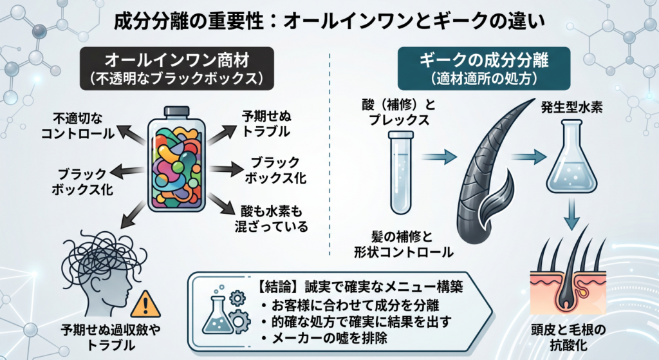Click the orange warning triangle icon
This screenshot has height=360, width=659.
[145, 304]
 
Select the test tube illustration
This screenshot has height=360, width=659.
[402, 173]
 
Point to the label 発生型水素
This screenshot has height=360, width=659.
[571, 108]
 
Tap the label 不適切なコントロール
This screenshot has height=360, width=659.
[78, 126]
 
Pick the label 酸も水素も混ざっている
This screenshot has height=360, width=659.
[271, 219]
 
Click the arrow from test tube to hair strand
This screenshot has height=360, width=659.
[439, 157]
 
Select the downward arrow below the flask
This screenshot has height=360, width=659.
[571, 214]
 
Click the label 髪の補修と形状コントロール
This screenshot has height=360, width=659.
[404, 244]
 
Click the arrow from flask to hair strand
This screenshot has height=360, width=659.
[529, 157]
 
